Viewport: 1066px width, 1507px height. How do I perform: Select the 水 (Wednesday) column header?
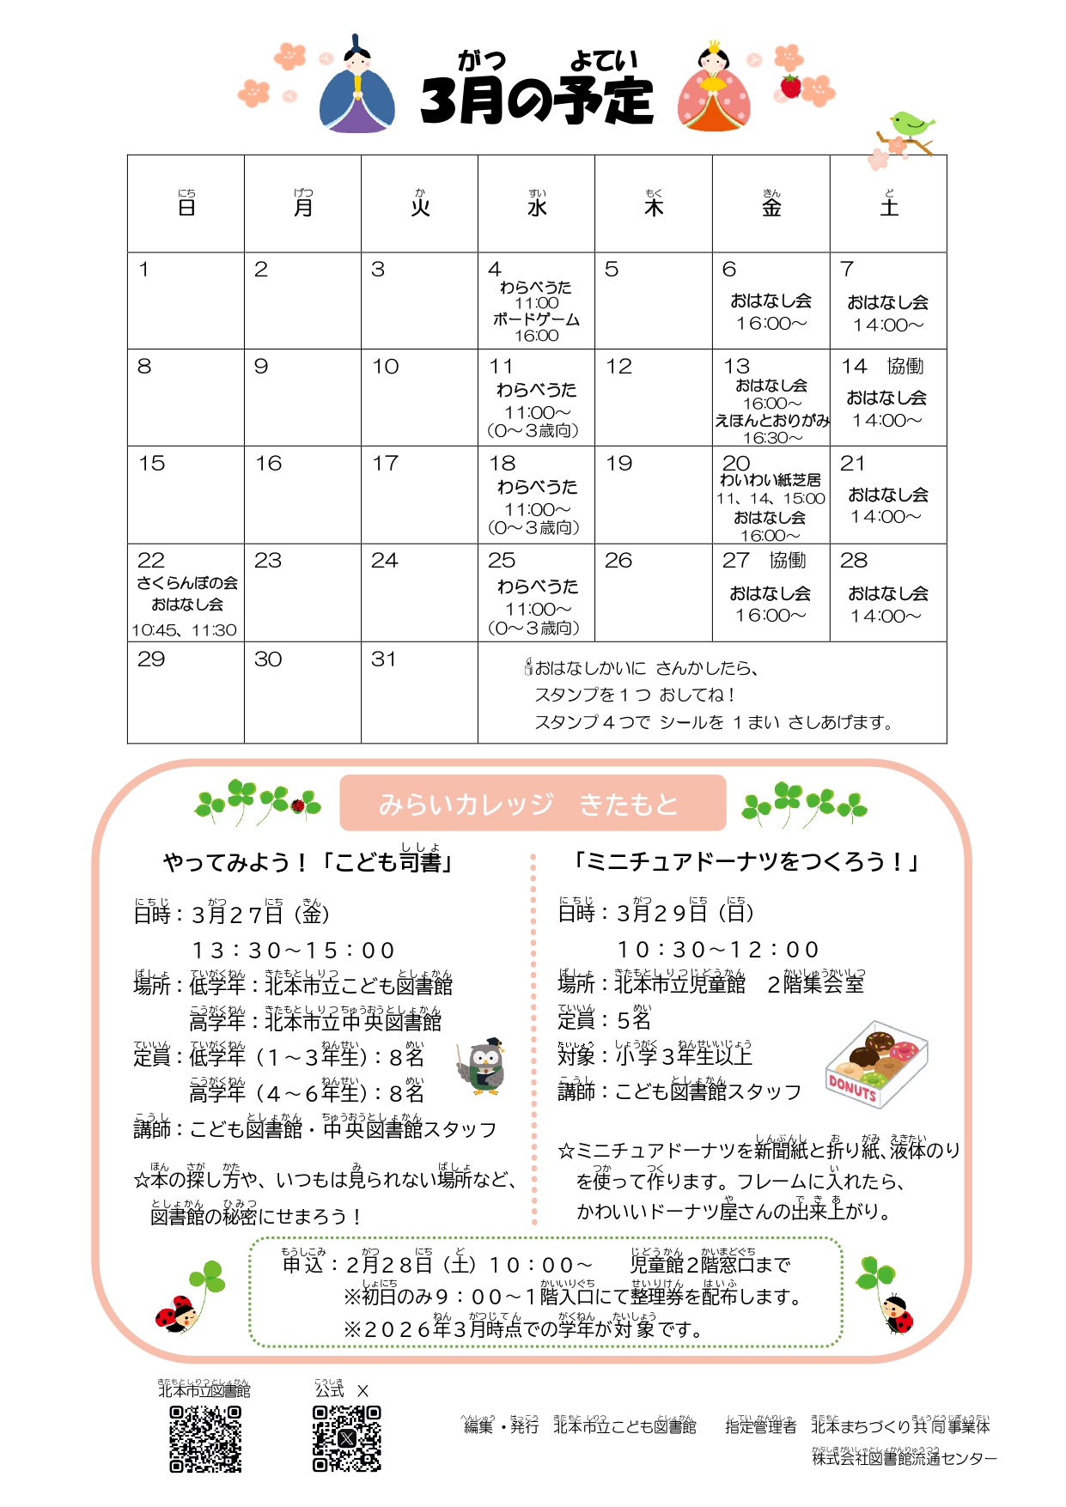[x=536, y=206]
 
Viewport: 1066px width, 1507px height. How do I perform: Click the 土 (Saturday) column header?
[x=888, y=206]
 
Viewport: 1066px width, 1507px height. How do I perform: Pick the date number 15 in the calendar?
[x=151, y=464]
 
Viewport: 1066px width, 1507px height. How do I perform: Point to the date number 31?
[x=384, y=659]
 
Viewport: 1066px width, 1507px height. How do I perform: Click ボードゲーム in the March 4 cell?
[x=536, y=319]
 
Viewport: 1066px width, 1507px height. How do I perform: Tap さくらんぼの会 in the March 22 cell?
[x=186, y=583]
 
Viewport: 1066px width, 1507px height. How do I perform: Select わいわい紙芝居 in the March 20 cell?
[x=771, y=480]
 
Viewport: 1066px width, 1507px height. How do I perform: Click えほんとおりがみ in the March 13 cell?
[x=771, y=420]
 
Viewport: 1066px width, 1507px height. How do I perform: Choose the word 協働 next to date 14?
[x=905, y=367]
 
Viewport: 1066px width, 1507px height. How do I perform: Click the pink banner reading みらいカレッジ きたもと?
[x=533, y=804]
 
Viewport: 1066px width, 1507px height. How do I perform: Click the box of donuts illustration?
[x=876, y=1064]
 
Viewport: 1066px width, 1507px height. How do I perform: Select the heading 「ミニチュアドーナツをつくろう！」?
[x=746, y=861]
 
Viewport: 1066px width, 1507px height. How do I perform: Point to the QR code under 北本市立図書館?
[x=205, y=1439]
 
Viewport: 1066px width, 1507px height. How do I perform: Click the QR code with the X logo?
[x=347, y=1439]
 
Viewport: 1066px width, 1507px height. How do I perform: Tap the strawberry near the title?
[x=790, y=87]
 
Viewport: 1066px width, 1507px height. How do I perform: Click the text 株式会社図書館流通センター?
[x=904, y=1458]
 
